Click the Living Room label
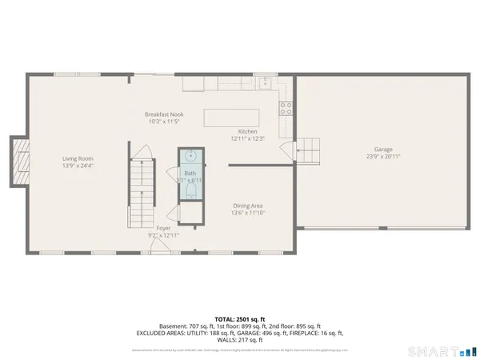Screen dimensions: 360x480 pyautogui.click(x=78, y=158)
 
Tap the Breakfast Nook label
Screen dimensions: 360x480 pyautogui.click(x=163, y=114)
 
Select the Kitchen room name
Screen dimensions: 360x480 pyautogui.click(x=247, y=131)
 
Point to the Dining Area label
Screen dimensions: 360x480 pyautogui.click(x=247, y=206)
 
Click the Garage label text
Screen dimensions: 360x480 pyautogui.click(x=384, y=150)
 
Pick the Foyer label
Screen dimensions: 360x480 pyautogui.click(x=163, y=229)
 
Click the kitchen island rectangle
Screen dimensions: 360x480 pyautogui.click(x=232, y=118)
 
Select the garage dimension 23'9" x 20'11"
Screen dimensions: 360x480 pyautogui.click(x=384, y=157)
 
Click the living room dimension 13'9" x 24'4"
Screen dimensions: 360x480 pyautogui.click(x=78, y=166)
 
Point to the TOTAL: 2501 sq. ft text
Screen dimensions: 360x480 pyautogui.click(x=239, y=318)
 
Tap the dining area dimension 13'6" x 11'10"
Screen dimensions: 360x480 pyautogui.click(x=247, y=213)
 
